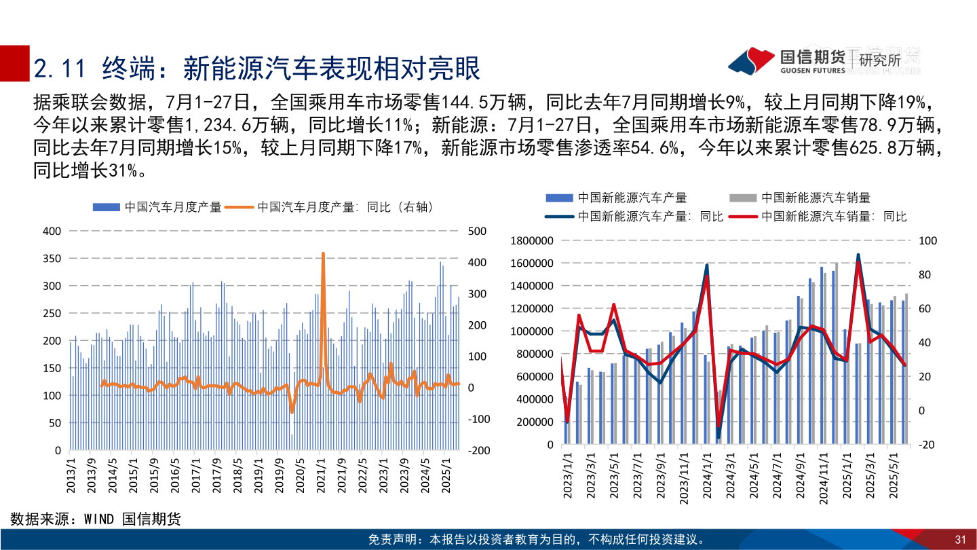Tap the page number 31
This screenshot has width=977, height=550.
960,540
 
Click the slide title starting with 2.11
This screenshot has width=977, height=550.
257,69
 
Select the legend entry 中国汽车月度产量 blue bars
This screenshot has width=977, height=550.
157,208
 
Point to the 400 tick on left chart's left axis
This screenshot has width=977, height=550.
52,231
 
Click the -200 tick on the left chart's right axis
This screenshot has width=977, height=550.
478,450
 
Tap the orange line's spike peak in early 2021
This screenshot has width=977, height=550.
323,254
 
